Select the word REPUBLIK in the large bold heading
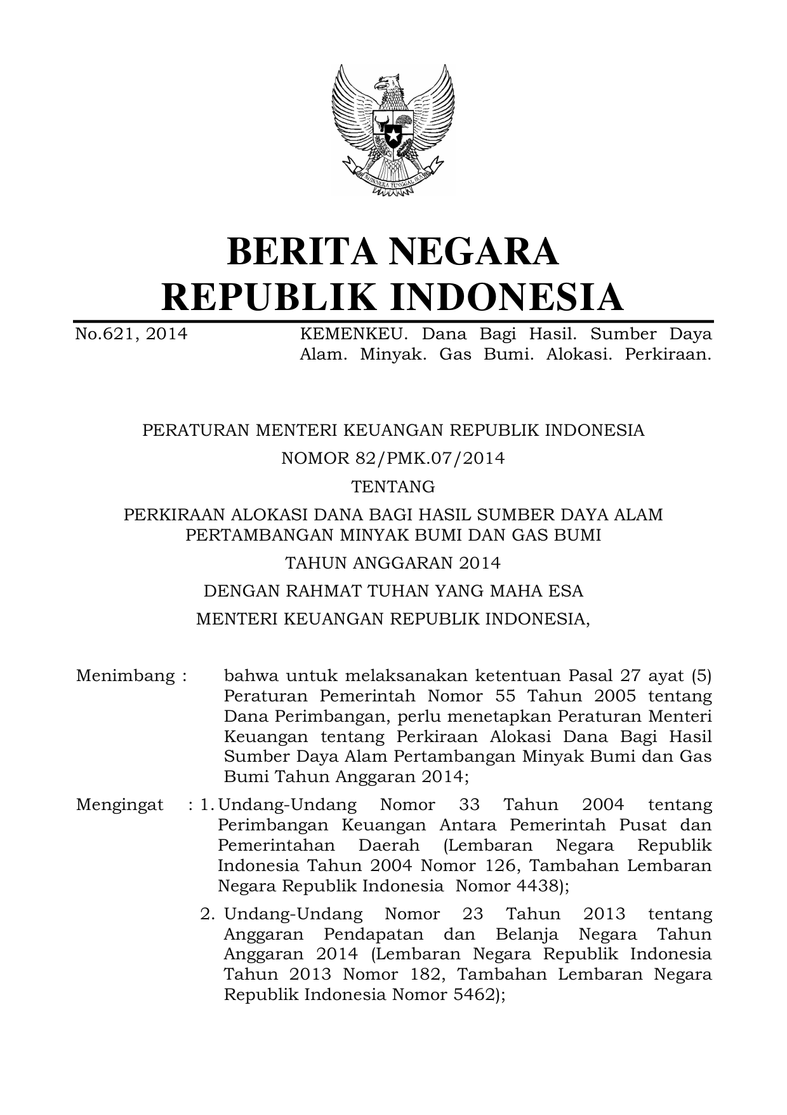[x=261, y=297]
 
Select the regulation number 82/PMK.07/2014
[x=428, y=458]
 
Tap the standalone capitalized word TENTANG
[x=393, y=487]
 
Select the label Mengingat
[x=119, y=805]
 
